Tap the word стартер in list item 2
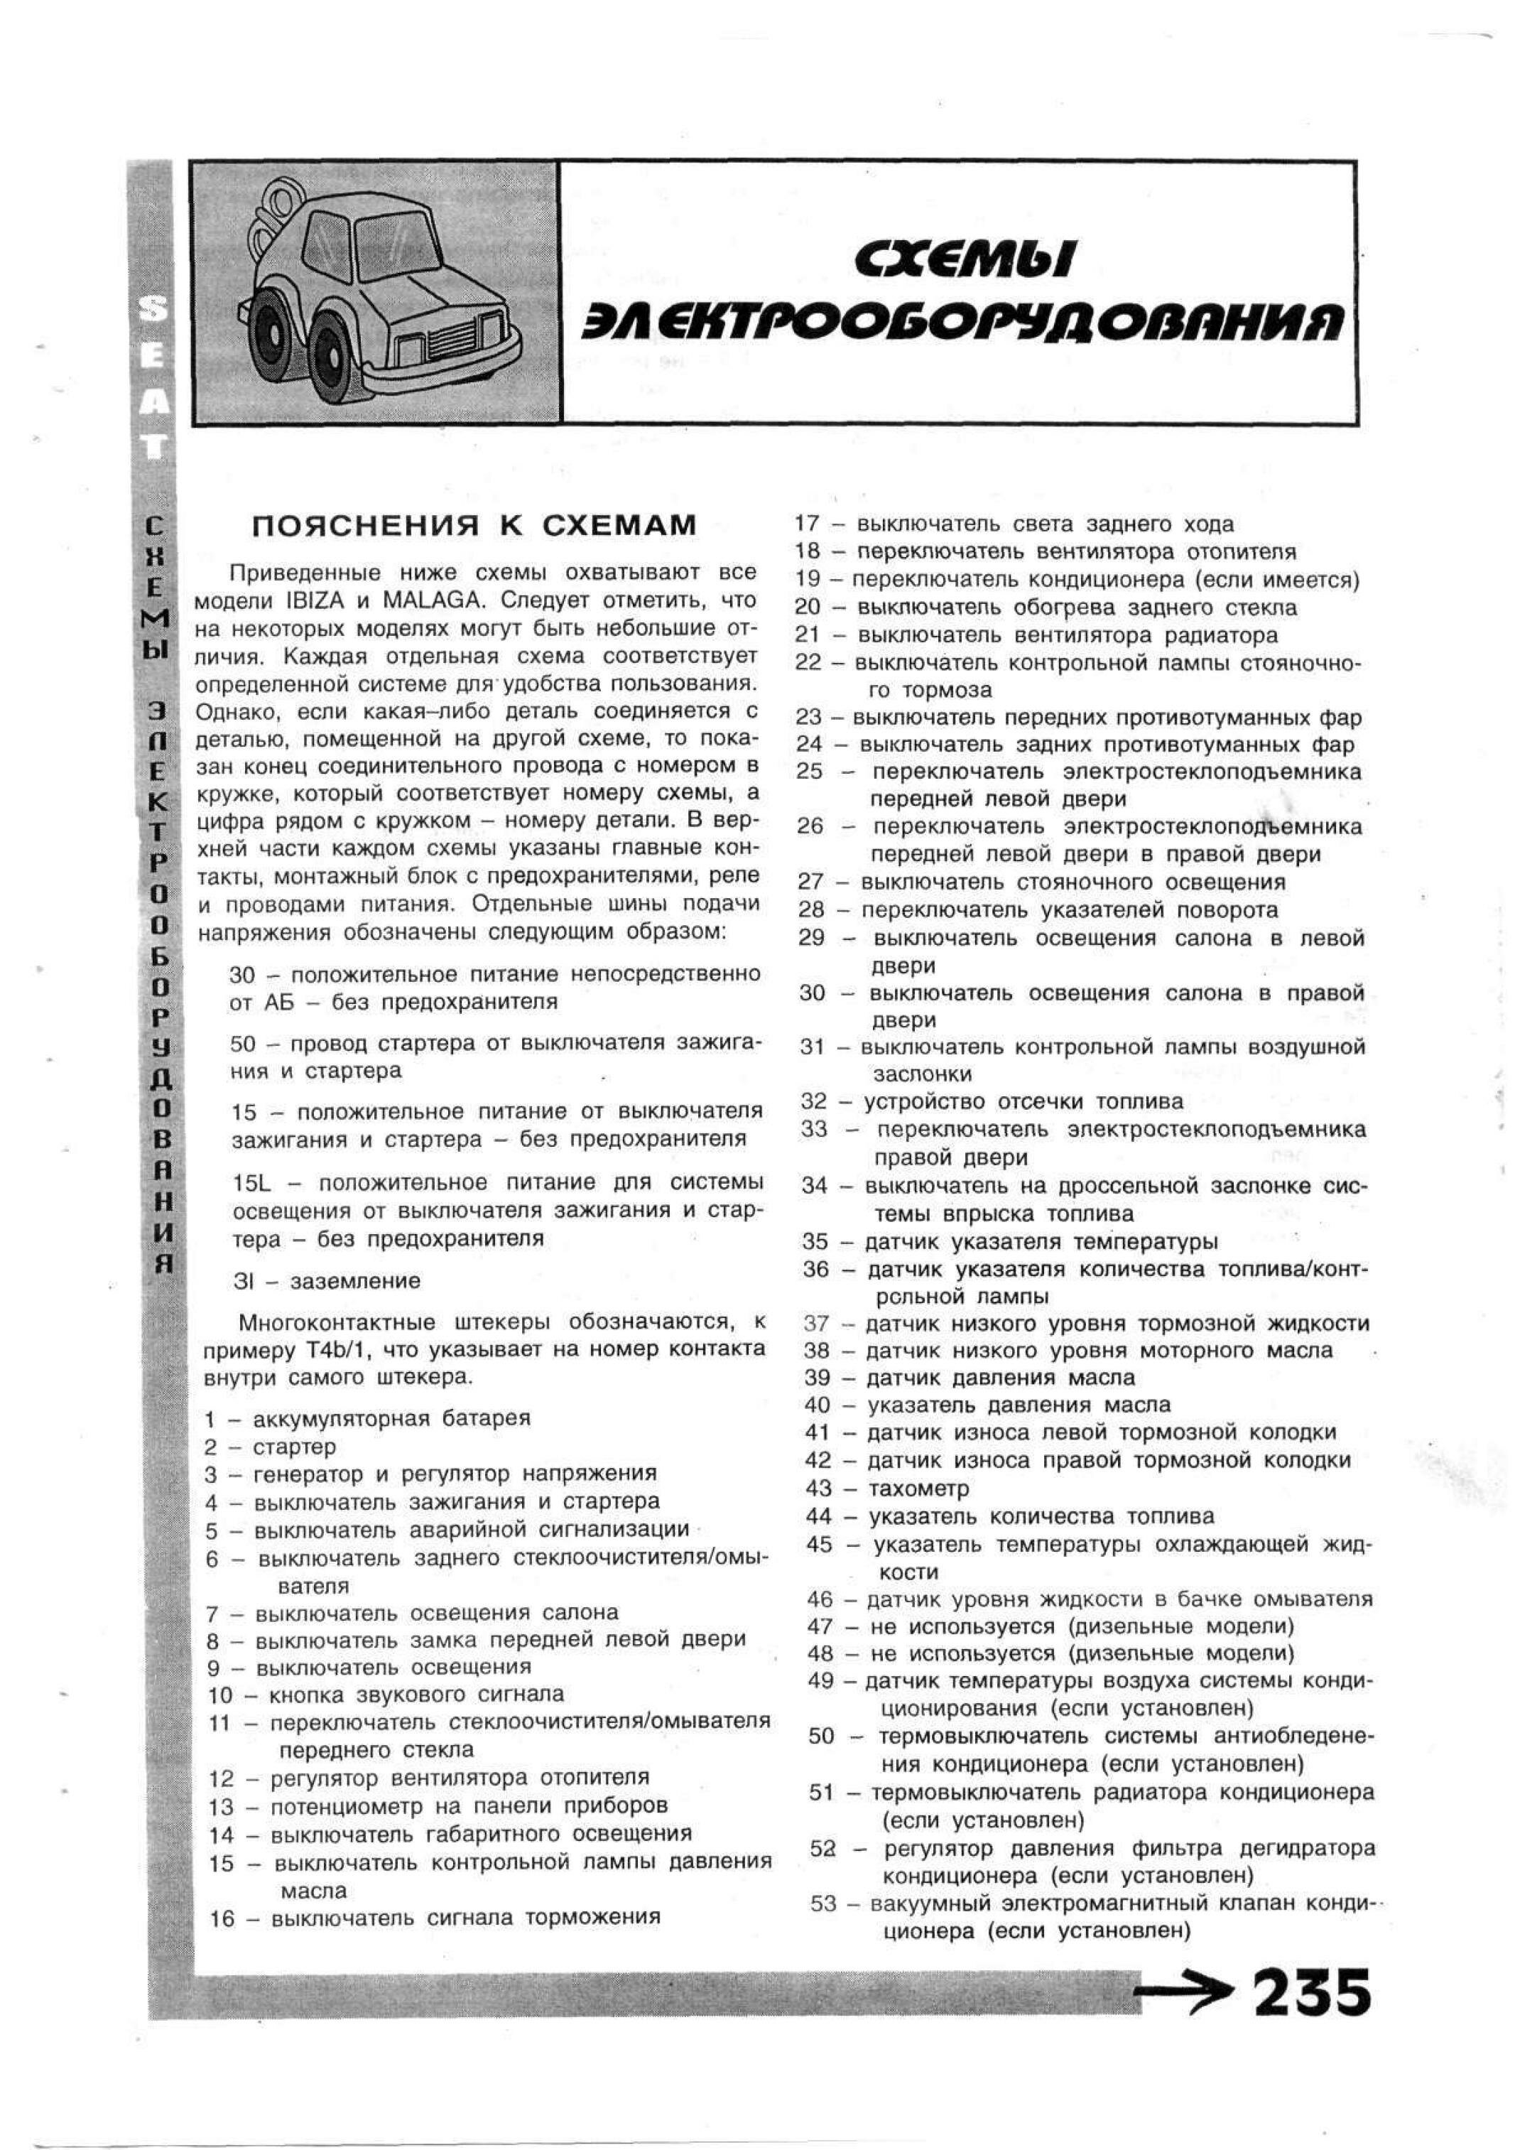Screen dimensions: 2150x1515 [294, 1447]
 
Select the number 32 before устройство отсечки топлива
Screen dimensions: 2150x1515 [814, 1101]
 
